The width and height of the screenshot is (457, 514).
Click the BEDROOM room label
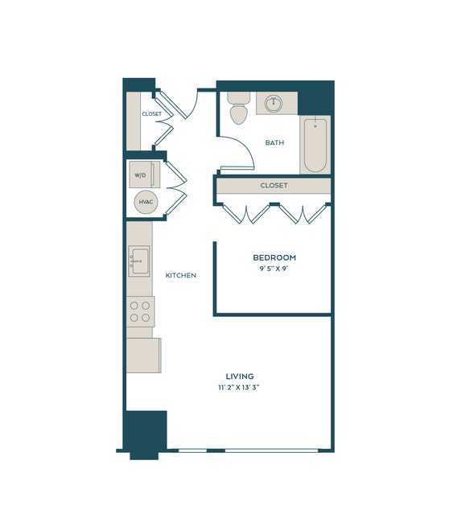tap(274, 257)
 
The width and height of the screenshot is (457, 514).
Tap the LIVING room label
tap(240, 376)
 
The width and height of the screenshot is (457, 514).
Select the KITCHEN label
tap(181, 275)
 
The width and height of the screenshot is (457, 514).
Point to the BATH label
tap(274, 142)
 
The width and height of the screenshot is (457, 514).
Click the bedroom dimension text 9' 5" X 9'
tap(274, 269)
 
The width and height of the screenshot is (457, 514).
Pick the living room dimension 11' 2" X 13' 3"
tap(239, 388)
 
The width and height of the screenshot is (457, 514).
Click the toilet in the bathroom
tap(239, 108)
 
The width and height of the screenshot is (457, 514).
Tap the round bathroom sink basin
tap(274, 104)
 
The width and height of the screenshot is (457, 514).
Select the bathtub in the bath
tap(315, 145)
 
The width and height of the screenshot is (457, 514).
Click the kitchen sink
tap(139, 261)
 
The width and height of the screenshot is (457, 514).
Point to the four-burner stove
tap(140, 311)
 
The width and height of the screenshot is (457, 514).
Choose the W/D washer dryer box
tap(143, 175)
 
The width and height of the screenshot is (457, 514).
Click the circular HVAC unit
tap(146, 202)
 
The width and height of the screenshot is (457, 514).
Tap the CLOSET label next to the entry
tap(152, 114)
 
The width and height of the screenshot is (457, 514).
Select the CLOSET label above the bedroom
tap(274, 186)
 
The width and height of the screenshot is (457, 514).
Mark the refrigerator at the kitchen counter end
tap(144, 356)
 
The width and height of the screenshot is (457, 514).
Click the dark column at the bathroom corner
tap(315, 97)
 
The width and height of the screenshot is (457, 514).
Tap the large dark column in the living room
tap(145, 433)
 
